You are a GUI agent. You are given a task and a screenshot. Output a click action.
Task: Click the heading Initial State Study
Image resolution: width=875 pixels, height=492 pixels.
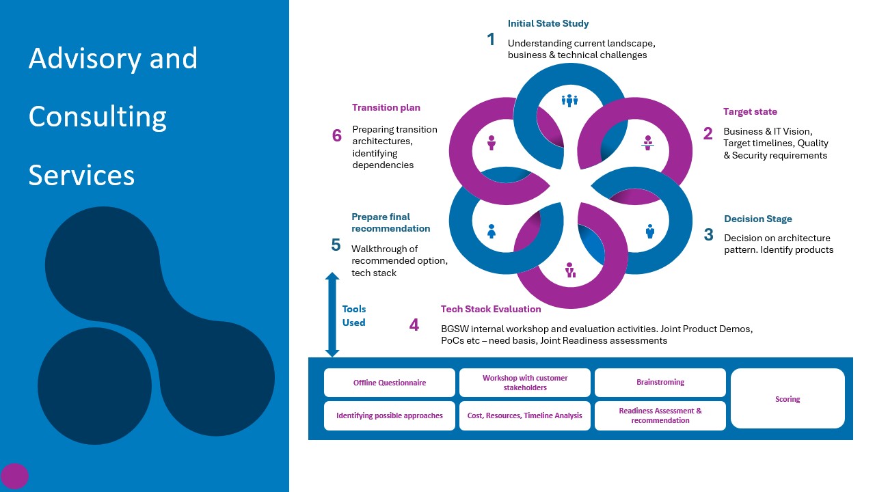pos(548,24)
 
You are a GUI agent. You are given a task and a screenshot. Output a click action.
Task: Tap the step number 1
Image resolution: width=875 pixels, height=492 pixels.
pos(491,40)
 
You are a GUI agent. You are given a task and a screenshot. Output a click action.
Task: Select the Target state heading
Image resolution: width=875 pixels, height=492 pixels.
pos(750,112)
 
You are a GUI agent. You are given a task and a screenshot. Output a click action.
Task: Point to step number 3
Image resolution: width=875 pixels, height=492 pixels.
pos(708,235)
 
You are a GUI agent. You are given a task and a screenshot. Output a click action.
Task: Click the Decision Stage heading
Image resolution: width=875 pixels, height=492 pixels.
pos(757,219)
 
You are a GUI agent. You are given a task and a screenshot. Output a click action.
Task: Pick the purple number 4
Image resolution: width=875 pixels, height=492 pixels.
pos(414,325)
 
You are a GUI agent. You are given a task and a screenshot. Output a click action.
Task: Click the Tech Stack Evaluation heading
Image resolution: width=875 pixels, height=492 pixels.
pos(491,310)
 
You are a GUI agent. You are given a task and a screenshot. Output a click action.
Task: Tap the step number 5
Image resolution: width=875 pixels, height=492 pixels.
pos(336,245)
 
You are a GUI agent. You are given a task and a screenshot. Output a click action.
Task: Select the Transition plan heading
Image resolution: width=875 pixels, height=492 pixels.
pos(386,108)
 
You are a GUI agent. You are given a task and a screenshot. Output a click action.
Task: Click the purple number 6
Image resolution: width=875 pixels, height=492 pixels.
pos(336,136)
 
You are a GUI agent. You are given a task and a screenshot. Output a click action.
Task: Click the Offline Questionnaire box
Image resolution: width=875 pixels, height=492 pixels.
pos(389,383)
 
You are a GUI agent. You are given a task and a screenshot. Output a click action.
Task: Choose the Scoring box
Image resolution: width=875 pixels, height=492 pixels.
pos(787,399)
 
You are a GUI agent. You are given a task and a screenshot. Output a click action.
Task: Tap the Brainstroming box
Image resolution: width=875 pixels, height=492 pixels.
pos(660,383)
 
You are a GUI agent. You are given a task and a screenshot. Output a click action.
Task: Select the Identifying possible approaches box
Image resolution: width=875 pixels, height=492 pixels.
pos(389,415)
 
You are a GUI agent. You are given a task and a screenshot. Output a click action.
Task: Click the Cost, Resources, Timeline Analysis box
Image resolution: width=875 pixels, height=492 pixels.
pos(524,415)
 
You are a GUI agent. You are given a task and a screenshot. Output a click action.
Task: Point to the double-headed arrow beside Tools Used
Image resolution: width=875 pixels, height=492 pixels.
pos(332,314)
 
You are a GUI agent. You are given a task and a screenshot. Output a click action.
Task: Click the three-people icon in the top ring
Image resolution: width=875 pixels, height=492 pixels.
pos(569,101)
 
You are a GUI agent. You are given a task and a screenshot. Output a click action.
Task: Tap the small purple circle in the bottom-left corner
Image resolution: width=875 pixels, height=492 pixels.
pos(14,476)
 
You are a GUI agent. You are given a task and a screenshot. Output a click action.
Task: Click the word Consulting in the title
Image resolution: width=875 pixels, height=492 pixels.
pos(97,117)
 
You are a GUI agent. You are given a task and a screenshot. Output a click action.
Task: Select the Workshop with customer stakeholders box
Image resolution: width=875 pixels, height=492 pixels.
pos(524,383)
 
